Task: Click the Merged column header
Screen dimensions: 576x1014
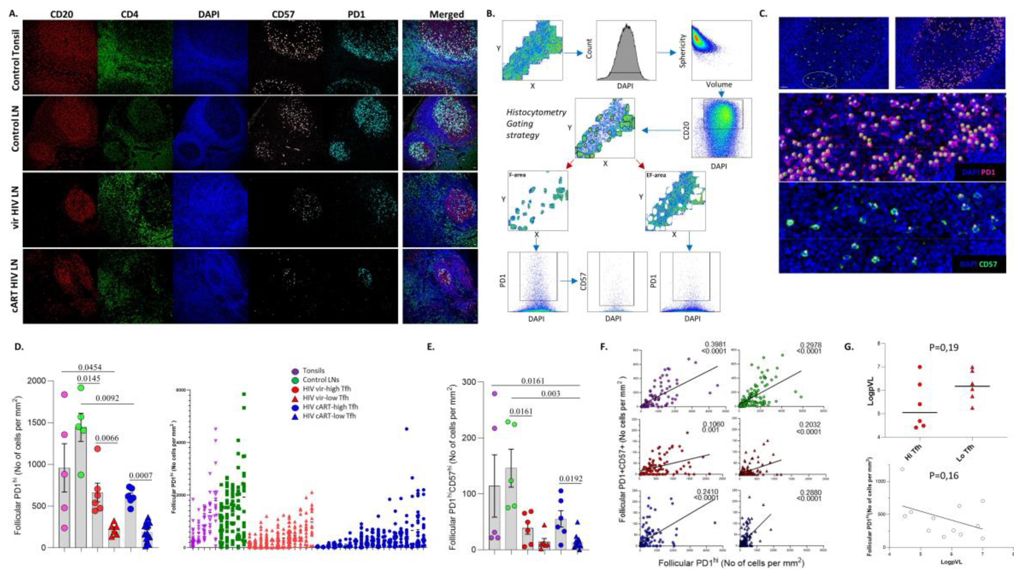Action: (447, 14)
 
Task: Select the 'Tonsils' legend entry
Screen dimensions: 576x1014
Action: (313, 371)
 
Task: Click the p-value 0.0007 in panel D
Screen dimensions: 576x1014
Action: (141, 475)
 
